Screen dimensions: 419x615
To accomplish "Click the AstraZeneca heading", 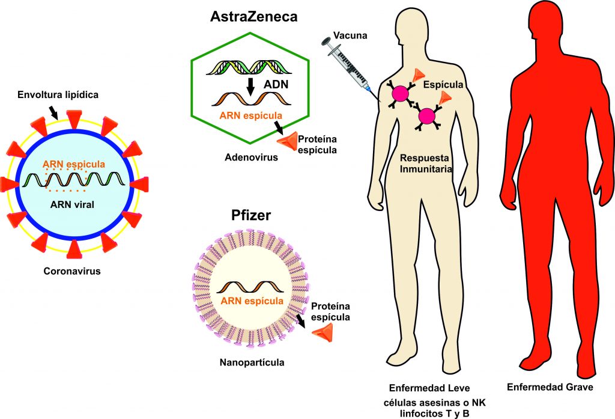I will (x=253, y=17).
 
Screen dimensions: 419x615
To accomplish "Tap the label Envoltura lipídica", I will (x=58, y=94).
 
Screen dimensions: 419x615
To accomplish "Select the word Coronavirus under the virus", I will (x=71, y=271).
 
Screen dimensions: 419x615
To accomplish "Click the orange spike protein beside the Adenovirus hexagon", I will (x=287, y=140).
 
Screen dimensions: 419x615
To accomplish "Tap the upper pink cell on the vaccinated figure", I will (x=401, y=93).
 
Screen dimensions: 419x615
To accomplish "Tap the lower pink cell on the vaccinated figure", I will (x=427, y=115).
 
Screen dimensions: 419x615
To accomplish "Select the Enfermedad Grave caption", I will (x=550, y=387).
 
